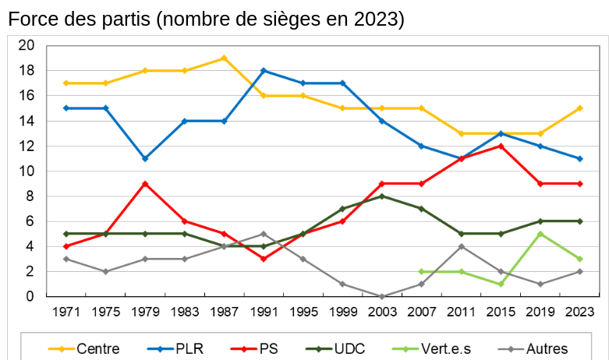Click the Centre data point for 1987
coord(224,58)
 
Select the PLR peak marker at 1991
coord(264,70)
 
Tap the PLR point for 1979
coord(145,158)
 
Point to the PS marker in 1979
coord(145,183)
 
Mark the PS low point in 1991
coord(264,259)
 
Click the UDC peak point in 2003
coord(382,196)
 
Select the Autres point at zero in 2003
coord(382,296)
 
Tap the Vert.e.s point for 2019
coord(540,234)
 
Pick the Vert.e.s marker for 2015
coord(501,284)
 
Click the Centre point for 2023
coord(579,108)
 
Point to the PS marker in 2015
coord(501,146)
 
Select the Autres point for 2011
coord(461,246)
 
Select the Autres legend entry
coord(546,348)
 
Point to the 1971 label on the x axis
coord(66,312)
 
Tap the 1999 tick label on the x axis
coord(342,312)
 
